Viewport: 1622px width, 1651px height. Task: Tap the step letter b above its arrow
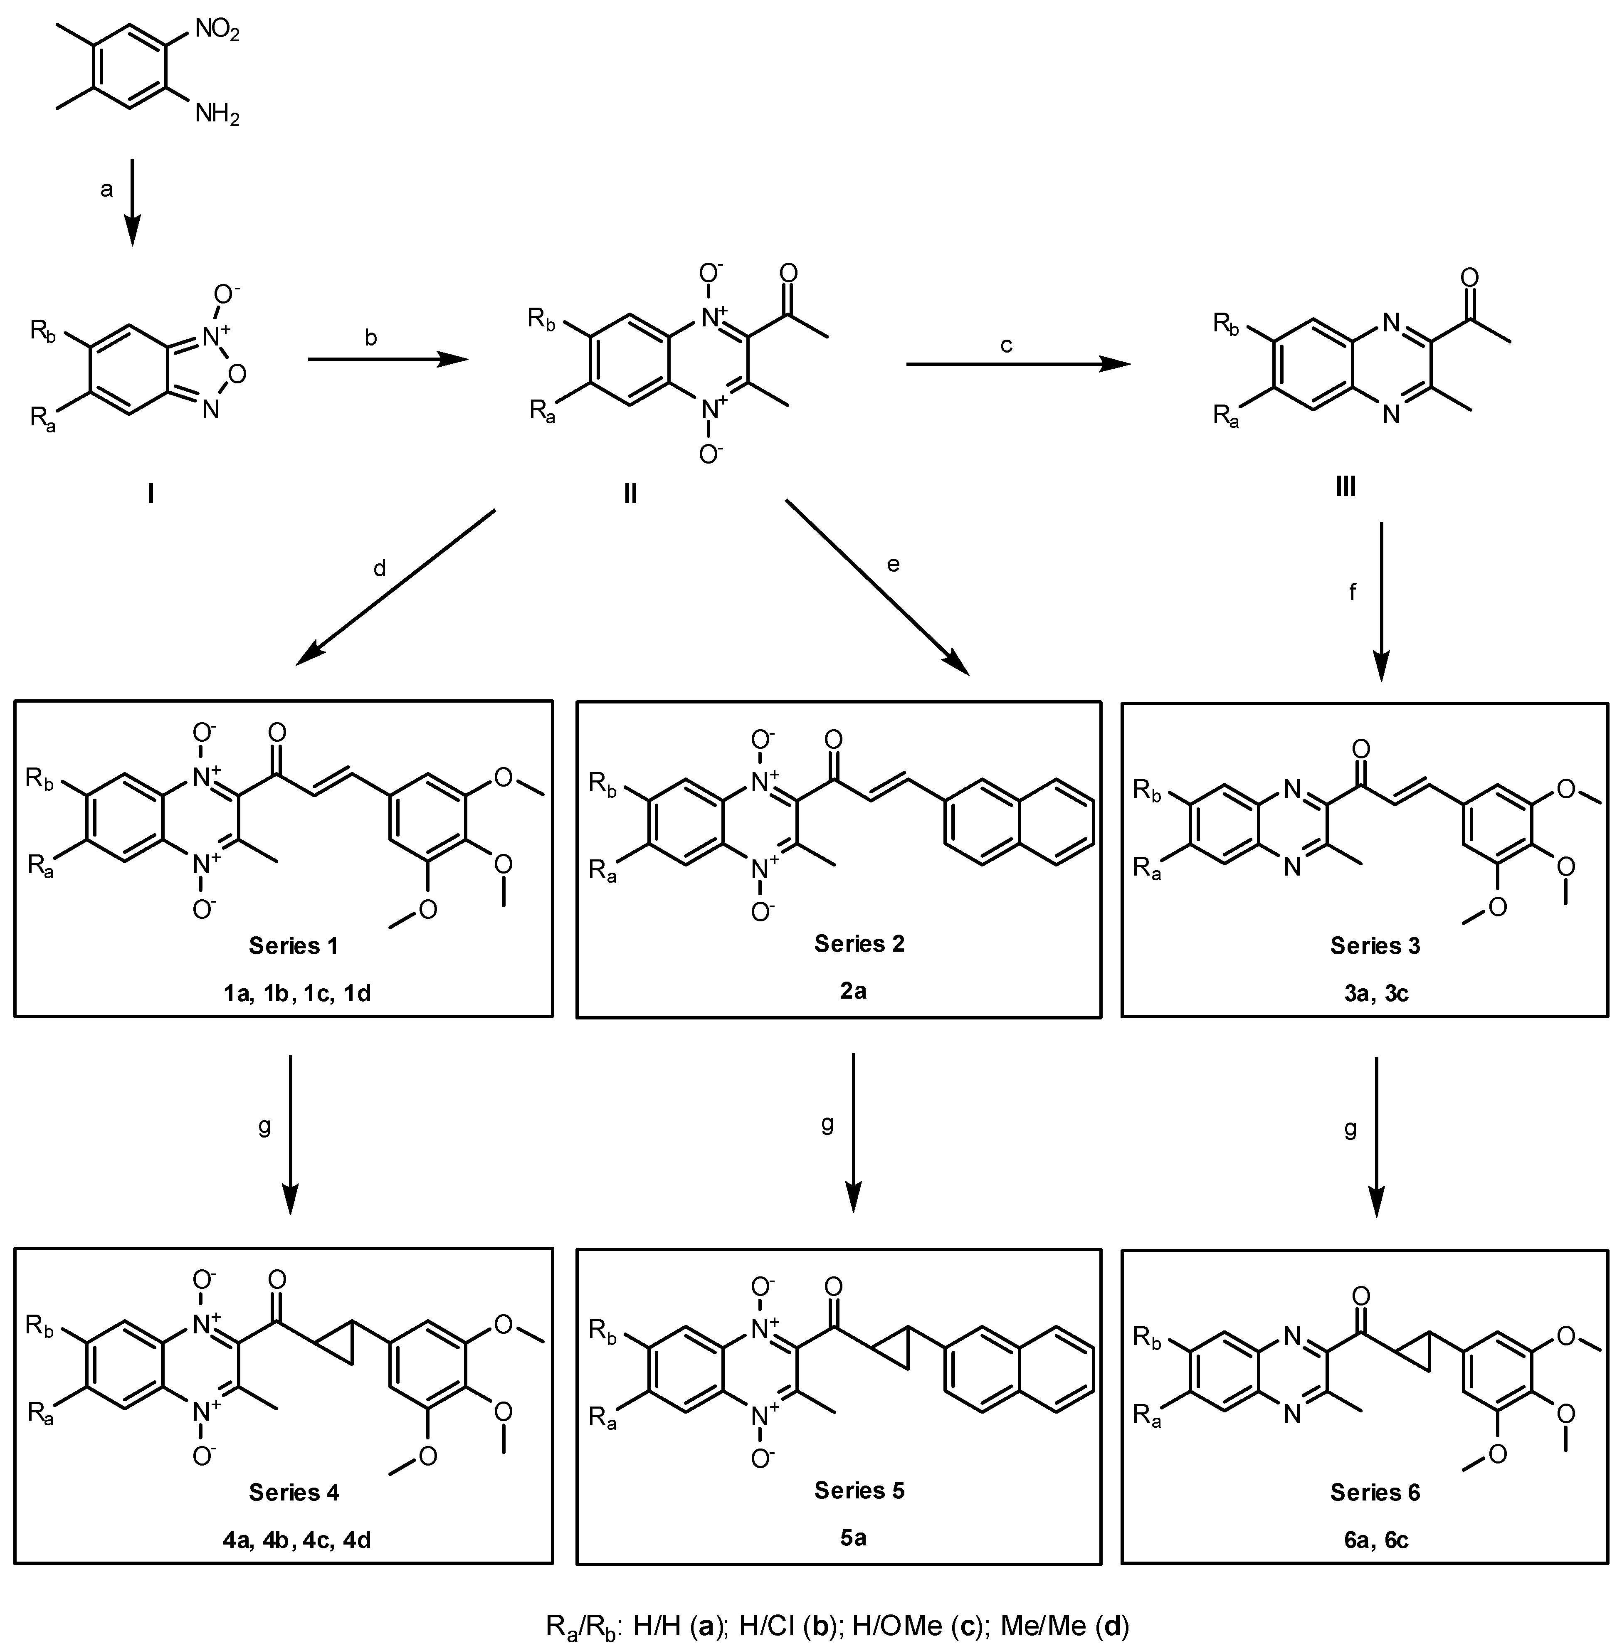(x=370, y=337)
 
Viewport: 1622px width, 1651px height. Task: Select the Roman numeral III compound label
(x=1346, y=488)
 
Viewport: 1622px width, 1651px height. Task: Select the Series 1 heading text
(x=293, y=945)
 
